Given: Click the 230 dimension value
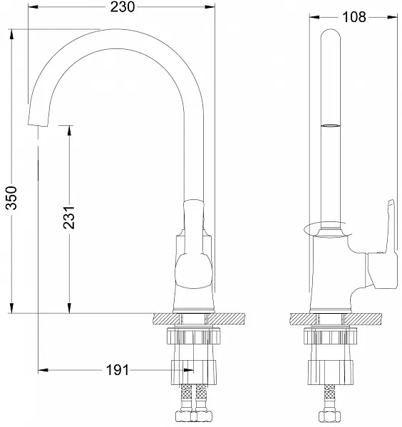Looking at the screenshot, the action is tap(123, 7).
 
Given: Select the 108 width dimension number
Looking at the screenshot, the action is tap(354, 17).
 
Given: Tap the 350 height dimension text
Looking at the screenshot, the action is tap(11, 198).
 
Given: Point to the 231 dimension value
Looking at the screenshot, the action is tap(69, 217).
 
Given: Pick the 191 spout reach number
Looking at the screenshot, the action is tap(118, 370).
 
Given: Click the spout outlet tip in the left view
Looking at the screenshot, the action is tap(38, 125).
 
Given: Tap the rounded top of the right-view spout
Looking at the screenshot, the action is tap(331, 33).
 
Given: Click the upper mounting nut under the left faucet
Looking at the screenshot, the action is tap(193, 336).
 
